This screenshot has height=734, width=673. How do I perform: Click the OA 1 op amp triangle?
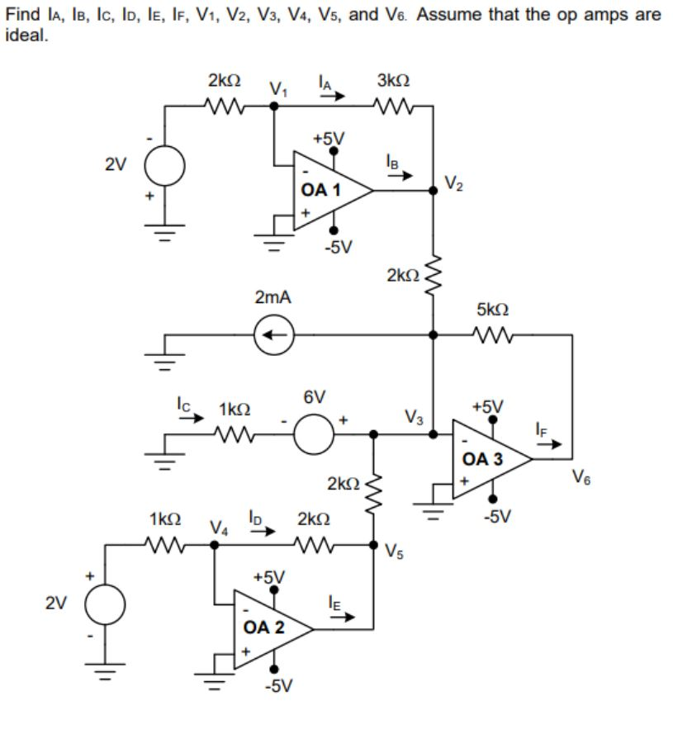point(330,191)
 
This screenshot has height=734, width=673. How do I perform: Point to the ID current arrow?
point(263,532)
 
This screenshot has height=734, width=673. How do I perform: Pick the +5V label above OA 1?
point(329,138)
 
